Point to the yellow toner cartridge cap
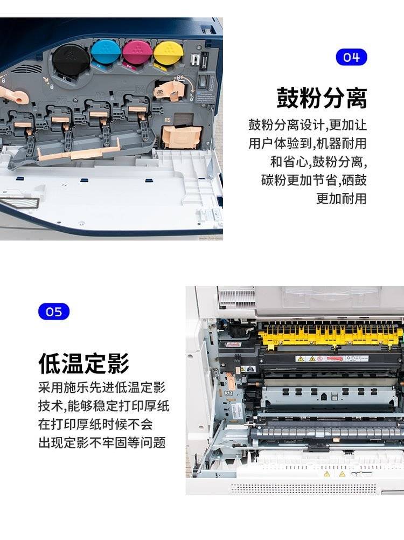(x=168, y=53)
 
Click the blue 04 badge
(x=351, y=57)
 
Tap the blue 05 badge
(x=54, y=311)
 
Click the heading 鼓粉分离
(x=322, y=98)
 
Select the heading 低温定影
(x=83, y=363)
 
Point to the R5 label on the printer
(x=167, y=120)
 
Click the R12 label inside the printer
(x=228, y=392)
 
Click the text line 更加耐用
(x=342, y=198)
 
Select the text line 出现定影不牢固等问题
(x=102, y=442)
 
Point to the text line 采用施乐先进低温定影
(x=102, y=387)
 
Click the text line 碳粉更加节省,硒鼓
(x=314, y=180)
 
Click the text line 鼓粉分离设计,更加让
(x=308, y=124)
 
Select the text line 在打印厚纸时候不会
(x=95, y=424)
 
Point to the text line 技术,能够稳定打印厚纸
(x=104, y=406)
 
